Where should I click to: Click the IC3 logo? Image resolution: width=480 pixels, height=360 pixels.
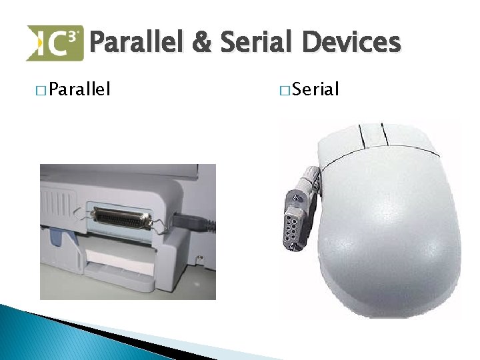coord(55,43)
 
